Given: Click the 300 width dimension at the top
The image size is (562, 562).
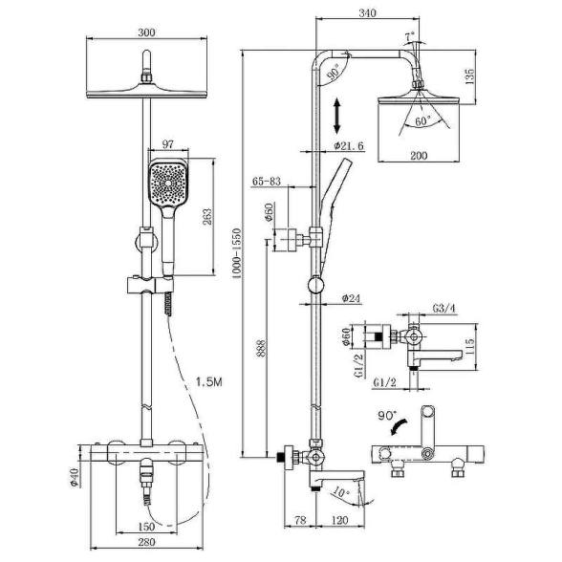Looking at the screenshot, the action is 146,32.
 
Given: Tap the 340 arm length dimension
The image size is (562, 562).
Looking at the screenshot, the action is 368,13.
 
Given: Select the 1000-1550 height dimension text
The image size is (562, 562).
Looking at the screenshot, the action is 237,254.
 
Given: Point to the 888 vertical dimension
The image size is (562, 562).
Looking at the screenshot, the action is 261,349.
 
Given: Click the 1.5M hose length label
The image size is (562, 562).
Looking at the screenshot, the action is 209,382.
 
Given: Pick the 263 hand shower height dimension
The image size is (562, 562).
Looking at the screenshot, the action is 207,216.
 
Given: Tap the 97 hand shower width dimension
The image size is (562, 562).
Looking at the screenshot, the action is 168,144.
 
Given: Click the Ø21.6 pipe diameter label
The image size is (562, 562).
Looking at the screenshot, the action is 348,146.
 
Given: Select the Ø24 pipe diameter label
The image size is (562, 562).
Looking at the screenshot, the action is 352,298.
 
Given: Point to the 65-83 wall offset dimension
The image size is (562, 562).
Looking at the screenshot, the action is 267,181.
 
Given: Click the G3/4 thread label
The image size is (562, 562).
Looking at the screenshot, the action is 444,308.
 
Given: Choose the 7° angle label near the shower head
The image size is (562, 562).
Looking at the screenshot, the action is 410,36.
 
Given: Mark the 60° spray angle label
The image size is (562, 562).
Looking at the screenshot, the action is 422,121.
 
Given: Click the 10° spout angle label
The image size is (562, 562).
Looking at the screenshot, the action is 341,492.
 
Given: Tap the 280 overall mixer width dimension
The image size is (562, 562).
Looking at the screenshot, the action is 146,542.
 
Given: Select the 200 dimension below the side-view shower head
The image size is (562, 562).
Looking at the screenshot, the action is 419,155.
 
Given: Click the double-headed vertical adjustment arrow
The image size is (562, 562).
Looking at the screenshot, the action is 336,117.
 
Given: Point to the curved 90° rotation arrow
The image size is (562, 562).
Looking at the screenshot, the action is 400,425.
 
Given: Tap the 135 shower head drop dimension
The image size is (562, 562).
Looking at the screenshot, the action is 469,76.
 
